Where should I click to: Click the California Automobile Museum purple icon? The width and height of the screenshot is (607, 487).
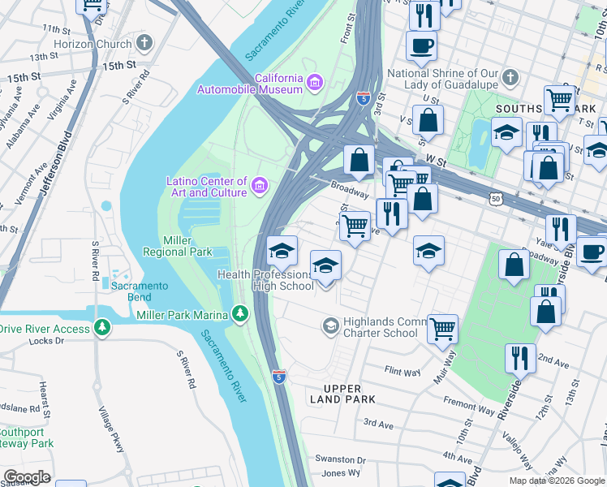point(314,82)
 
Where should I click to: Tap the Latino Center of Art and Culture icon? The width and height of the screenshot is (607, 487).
point(260,186)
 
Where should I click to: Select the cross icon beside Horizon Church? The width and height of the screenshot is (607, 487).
point(144,43)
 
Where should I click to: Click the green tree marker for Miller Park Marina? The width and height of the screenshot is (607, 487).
point(239,313)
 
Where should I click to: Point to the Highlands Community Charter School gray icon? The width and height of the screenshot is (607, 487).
point(330,326)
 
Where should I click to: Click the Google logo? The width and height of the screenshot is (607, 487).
point(27,477)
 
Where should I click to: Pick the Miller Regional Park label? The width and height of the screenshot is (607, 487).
point(177,246)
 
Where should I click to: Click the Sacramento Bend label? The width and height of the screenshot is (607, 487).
point(140,291)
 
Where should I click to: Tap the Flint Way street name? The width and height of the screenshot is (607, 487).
point(403,372)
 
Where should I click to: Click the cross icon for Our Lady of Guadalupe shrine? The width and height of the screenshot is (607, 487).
point(510,78)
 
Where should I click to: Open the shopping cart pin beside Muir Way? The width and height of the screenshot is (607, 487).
point(443,329)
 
